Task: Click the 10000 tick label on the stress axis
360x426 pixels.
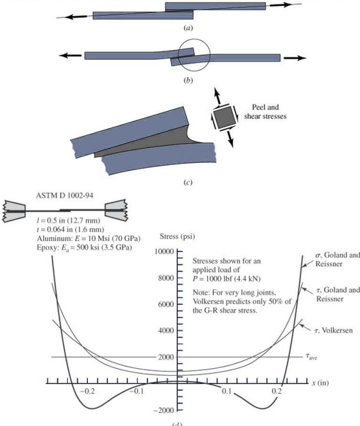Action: pyautogui.click(x=164, y=252)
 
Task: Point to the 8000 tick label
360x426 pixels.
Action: pyautogui.click(x=166, y=278)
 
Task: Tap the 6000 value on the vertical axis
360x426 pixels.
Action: pyautogui.click(x=166, y=304)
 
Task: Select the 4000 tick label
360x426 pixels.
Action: pyautogui.click(x=166, y=331)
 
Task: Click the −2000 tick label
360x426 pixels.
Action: pyautogui.click(x=164, y=410)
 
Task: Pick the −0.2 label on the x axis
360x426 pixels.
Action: pyautogui.click(x=88, y=391)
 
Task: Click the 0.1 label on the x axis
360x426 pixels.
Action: pyautogui.click(x=227, y=391)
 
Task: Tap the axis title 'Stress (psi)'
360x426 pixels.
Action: pyautogui.click(x=177, y=237)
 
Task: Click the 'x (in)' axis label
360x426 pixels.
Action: pyautogui.click(x=320, y=383)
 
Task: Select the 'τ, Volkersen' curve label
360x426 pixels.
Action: pyautogui.click(x=333, y=331)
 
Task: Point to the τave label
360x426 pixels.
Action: pyautogui.click(x=311, y=356)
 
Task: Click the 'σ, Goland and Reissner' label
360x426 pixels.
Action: pyautogui.click(x=338, y=259)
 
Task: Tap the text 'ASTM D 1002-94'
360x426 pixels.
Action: pyautogui.click(x=65, y=196)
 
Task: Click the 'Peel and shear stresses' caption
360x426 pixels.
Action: pyautogui.click(x=265, y=112)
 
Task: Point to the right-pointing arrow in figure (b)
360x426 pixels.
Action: pyautogui.click(x=295, y=58)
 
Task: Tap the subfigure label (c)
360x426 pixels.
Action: pyautogui.click(x=188, y=182)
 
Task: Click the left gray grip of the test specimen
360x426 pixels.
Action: pyautogui.click(x=14, y=211)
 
